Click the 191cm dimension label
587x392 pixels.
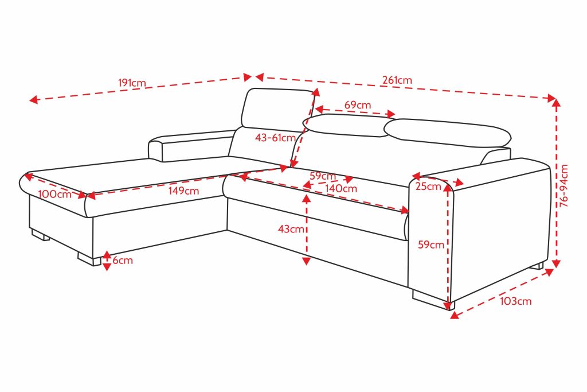tap(132, 83)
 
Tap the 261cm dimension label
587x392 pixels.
tap(397, 80)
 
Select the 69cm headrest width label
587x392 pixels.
tap(358, 105)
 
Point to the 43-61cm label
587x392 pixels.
tap(276, 138)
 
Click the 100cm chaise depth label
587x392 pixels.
tap(54, 194)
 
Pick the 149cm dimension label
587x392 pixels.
tap(183, 191)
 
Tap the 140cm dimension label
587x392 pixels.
tap(341, 188)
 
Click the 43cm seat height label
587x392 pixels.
tap(291, 228)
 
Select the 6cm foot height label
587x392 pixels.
tap(123, 260)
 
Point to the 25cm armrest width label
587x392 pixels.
tap(428, 187)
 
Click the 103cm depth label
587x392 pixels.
tap(515, 301)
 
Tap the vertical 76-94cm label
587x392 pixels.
tap(564, 185)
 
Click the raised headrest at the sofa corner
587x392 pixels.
tap(276, 110)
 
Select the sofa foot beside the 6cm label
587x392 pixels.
tap(89, 259)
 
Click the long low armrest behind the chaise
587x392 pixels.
tap(191, 145)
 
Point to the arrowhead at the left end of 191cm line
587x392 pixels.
tap(34, 100)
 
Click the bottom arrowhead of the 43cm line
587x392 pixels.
tap(306, 261)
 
